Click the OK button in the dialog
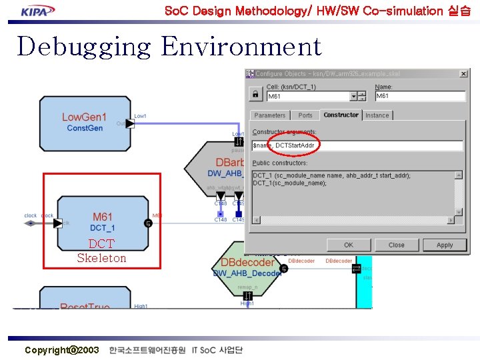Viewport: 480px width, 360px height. point(349,245)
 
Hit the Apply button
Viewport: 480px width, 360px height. point(445,245)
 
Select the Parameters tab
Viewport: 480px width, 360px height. point(270,115)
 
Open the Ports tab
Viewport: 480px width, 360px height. point(305,115)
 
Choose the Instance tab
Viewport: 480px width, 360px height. point(377,115)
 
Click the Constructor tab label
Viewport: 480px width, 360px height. point(341,115)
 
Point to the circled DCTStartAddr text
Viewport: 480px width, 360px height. point(294,145)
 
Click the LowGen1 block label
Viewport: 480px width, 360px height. point(84,117)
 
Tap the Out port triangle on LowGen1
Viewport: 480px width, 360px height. point(130,123)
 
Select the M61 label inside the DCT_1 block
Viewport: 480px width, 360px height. point(102,217)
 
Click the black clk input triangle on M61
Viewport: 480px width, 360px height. point(58,223)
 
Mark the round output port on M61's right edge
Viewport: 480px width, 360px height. point(148,223)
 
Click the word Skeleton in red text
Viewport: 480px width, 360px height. point(101,258)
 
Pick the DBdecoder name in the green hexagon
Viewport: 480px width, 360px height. point(247,262)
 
